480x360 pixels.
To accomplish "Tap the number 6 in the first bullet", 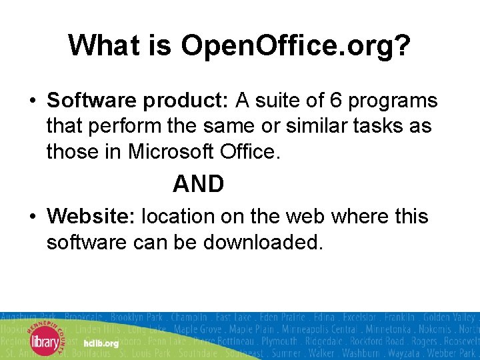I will coord(336,101).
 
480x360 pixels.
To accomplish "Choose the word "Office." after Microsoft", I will coord(251,151).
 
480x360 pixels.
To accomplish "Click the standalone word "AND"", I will coord(198,184).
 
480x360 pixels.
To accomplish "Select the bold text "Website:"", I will coord(91,217).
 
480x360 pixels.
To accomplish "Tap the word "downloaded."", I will coord(263,242).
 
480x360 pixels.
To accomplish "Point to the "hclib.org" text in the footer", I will coord(101,343).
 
